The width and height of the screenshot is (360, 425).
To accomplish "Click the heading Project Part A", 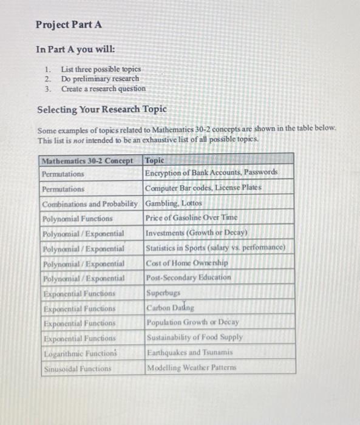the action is (x=69, y=25).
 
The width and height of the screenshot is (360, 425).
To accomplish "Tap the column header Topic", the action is (x=155, y=161).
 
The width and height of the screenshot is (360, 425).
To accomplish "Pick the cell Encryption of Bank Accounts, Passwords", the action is (x=211, y=173).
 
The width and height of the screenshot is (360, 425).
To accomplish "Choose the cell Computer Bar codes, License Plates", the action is (x=203, y=188).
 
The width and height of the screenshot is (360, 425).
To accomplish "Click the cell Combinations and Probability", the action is (x=90, y=203).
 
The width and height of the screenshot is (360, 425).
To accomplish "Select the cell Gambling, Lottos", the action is (x=174, y=203).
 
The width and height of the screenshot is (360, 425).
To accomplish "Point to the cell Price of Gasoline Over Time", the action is (x=191, y=217).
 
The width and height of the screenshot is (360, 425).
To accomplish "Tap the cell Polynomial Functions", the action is (x=77, y=218).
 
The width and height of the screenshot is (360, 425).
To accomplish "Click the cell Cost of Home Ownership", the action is (x=186, y=262).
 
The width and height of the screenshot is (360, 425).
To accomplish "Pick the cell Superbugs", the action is (x=164, y=293).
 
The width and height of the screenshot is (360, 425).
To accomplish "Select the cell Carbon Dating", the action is (x=170, y=307).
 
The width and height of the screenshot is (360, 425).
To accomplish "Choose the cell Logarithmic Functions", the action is (x=79, y=353).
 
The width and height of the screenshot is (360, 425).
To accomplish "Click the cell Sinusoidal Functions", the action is (x=78, y=368).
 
